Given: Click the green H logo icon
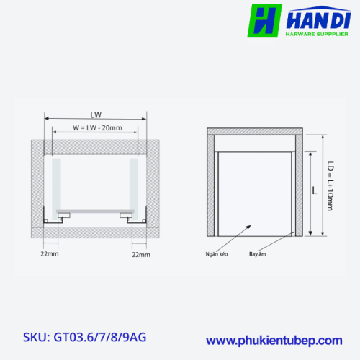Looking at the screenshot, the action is tap(264, 21).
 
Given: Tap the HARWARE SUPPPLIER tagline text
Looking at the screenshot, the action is tap(317, 34).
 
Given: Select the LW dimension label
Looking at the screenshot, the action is tap(96, 114).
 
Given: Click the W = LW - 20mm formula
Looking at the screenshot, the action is tap(97, 127).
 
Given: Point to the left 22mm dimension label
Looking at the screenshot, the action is tap(50, 253).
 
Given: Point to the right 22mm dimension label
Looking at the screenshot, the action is tap(141, 255).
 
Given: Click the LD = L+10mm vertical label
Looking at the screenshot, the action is tap(330, 186).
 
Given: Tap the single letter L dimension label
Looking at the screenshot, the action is tap(315, 191).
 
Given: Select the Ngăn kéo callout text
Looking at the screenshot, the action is tap(217, 254).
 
